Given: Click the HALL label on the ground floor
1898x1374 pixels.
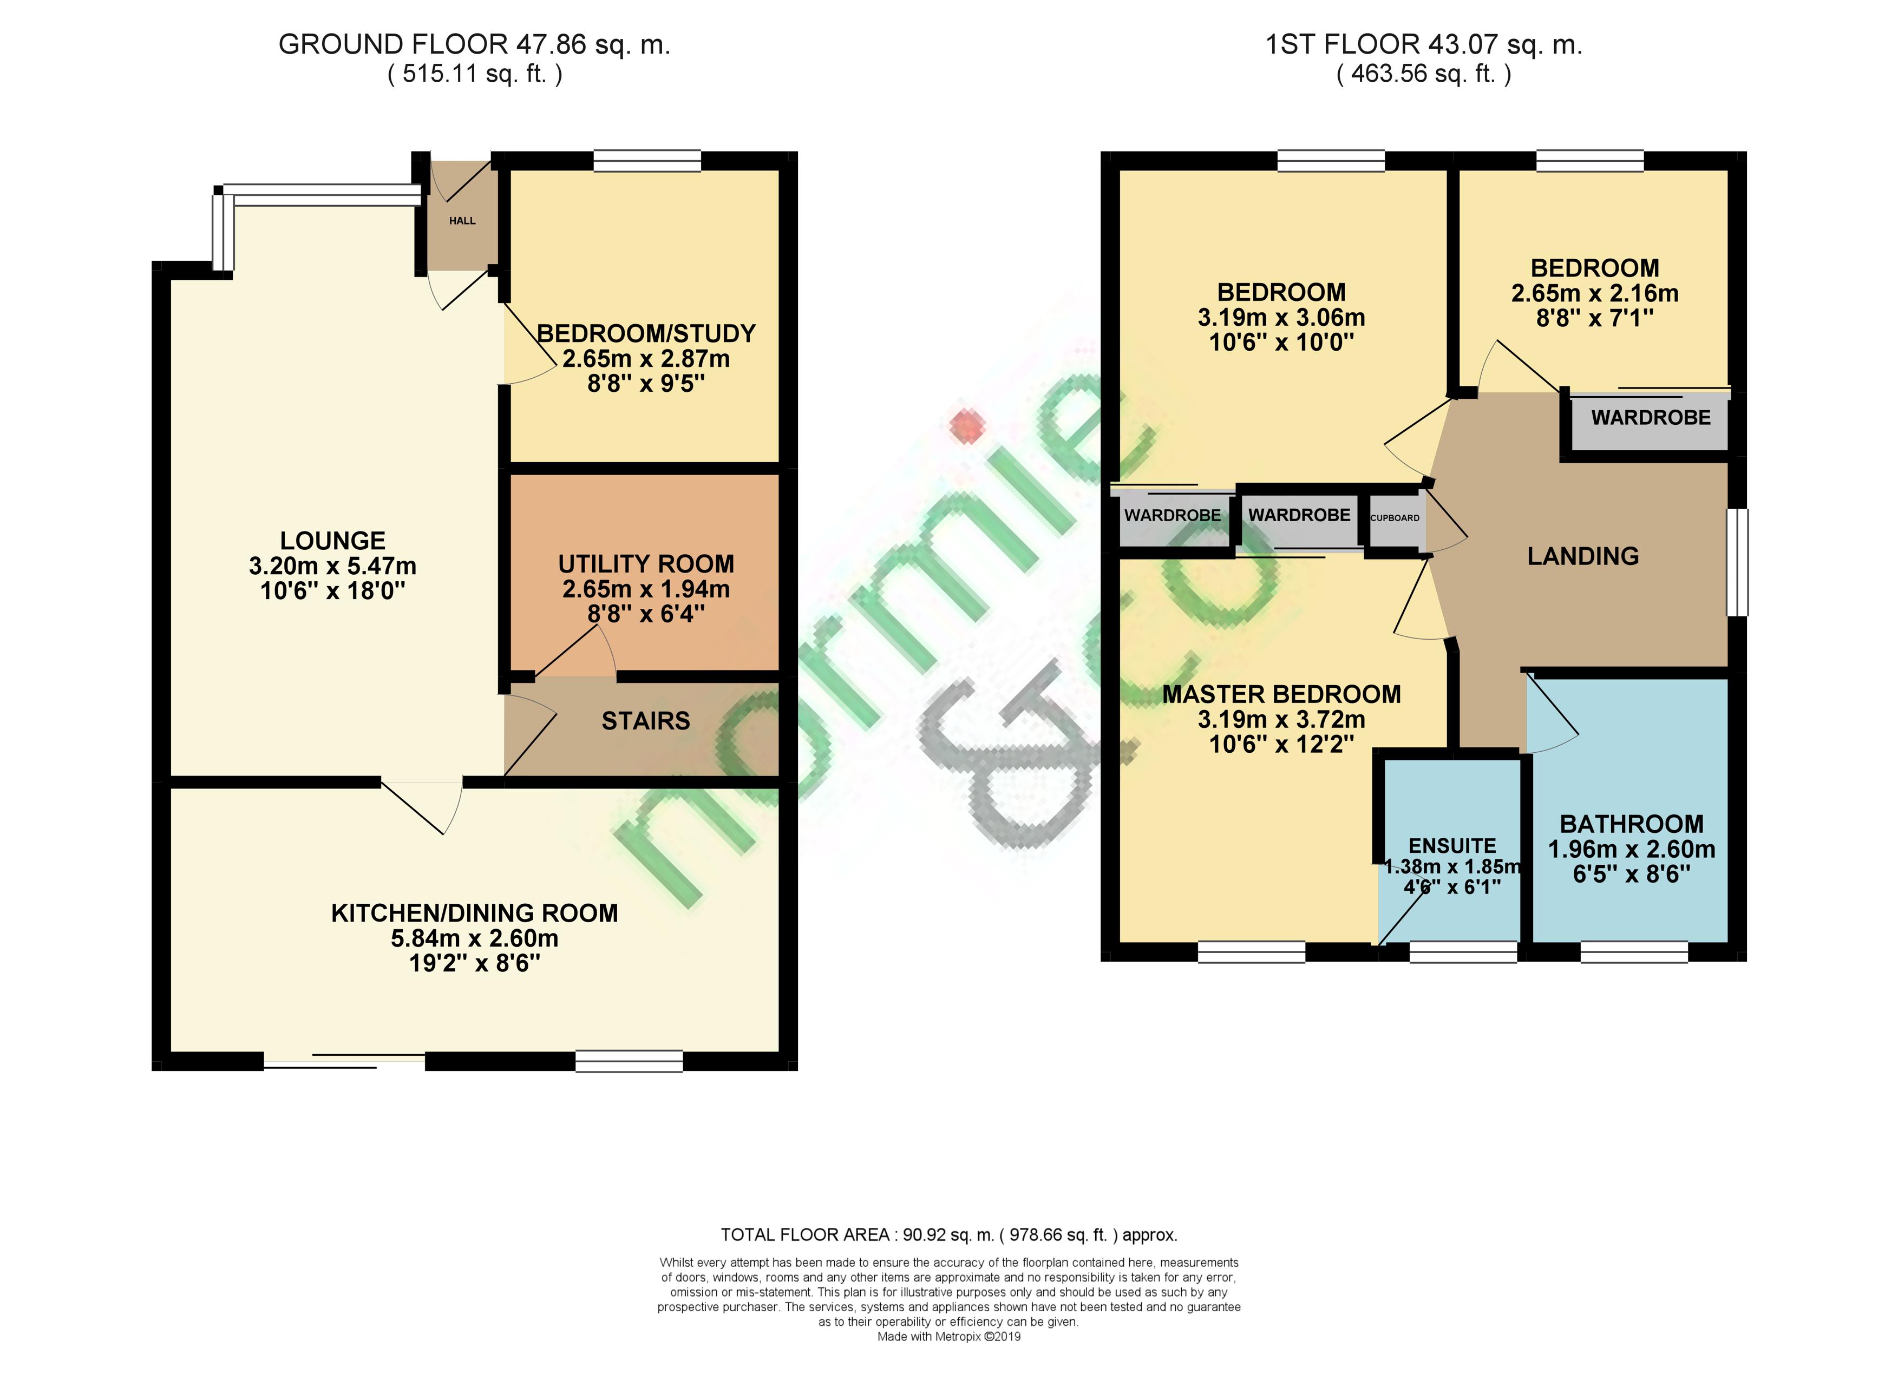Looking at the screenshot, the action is click(462, 221).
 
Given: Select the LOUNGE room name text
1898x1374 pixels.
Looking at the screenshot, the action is click(332, 541).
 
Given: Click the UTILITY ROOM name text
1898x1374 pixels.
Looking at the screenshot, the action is click(646, 564).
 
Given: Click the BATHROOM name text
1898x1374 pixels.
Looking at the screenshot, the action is click(1631, 824).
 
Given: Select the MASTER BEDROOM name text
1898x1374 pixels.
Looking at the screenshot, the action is click(1281, 694).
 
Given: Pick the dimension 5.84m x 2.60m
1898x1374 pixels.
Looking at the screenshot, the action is click(474, 938).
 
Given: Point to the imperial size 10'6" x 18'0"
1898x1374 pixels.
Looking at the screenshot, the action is click(332, 591).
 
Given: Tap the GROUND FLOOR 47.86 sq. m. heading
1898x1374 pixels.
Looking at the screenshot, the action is click(474, 44).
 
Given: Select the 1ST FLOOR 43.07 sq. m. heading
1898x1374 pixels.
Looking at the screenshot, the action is click(1424, 44).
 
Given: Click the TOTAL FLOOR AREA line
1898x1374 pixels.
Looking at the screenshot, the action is click(949, 1234).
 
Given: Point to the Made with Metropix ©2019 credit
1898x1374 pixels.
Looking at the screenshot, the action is click(949, 1336).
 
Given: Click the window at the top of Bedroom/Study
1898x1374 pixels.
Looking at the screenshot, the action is click(647, 161).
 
